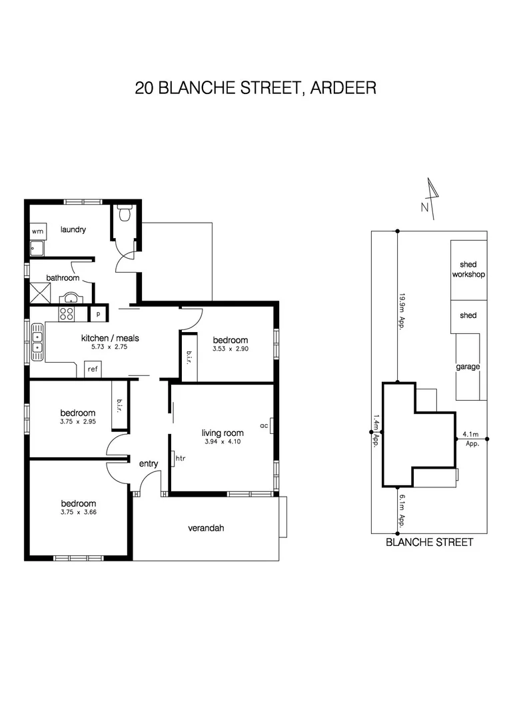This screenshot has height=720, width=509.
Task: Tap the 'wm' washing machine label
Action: (x=37, y=231)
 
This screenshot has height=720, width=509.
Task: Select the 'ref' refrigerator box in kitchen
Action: (x=93, y=369)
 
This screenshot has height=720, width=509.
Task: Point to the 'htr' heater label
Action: (x=180, y=459)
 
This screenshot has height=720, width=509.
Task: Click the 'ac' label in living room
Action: (x=264, y=425)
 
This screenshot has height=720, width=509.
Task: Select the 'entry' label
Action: (x=148, y=463)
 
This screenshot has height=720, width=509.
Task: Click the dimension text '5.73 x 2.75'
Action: (x=110, y=347)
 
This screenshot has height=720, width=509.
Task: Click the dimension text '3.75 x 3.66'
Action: (x=79, y=512)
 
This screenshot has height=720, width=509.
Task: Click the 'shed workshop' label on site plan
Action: (x=468, y=269)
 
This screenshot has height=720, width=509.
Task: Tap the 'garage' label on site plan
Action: (x=468, y=367)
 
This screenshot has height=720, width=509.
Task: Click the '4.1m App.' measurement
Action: (x=472, y=439)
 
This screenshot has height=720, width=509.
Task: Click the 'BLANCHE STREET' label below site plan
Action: (x=430, y=543)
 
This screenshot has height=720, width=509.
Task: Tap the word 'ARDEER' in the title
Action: (x=343, y=87)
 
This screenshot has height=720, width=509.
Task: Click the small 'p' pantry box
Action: (x=98, y=313)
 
